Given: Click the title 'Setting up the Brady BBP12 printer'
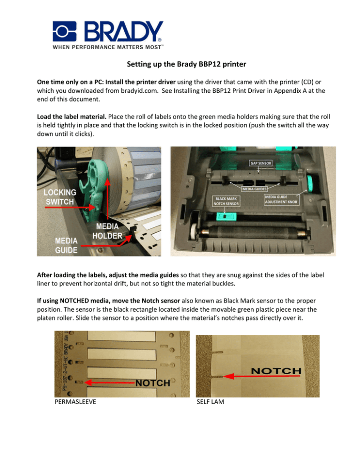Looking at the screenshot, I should click(x=180, y=67).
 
